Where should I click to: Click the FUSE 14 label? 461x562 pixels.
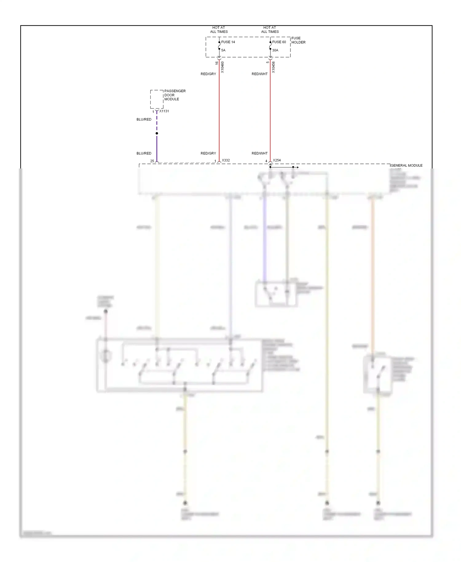pyautogui.click(x=228, y=42)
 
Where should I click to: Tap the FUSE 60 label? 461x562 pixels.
pyautogui.click(x=279, y=42)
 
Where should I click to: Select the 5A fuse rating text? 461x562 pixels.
pyautogui.click(x=223, y=50)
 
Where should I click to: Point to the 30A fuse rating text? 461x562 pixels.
pyautogui.click(x=275, y=50)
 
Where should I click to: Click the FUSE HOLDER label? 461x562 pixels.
pyautogui.click(x=298, y=40)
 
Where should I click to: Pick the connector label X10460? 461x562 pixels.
pyautogui.click(x=223, y=67)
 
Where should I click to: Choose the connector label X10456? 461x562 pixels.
pyautogui.click(x=274, y=67)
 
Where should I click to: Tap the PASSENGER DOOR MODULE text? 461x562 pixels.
pyautogui.click(x=175, y=95)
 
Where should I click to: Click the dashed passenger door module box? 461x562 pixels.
pyautogui.click(x=157, y=99)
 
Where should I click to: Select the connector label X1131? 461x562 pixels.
pyautogui.click(x=164, y=111)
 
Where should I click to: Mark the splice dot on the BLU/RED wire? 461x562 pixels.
pyautogui.click(x=157, y=133)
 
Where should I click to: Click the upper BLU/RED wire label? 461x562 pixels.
pyautogui.click(x=144, y=120)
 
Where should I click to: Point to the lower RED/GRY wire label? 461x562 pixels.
pyautogui.click(x=208, y=153)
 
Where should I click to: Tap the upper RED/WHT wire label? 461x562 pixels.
pyautogui.click(x=259, y=74)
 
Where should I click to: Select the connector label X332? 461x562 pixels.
pyautogui.click(x=226, y=160)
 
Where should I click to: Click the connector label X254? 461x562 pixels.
pyautogui.click(x=277, y=160)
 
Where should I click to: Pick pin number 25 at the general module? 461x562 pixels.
pyautogui.click(x=152, y=161)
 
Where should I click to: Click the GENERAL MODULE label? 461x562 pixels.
pyautogui.click(x=406, y=166)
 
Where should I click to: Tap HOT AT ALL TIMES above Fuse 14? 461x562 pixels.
pyautogui.click(x=219, y=30)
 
